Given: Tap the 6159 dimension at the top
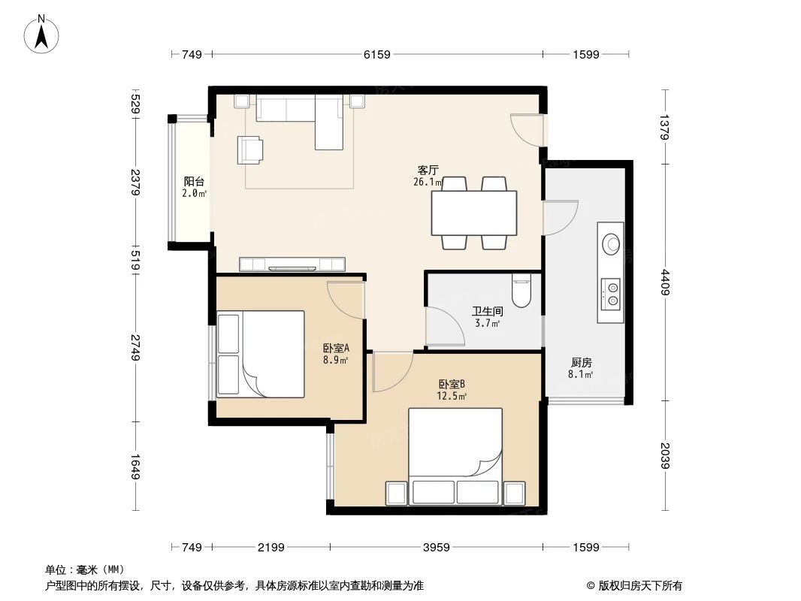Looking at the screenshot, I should click(377, 54).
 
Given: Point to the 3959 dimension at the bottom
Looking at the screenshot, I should click(436, 547).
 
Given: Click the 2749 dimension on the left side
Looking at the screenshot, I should click(135, 347).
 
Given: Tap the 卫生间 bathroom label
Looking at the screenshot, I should click(487, 310).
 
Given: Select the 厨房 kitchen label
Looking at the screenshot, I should click(581, 362).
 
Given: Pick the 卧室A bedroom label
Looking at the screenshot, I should click(336, 348).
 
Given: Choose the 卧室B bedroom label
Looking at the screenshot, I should click(452, 384).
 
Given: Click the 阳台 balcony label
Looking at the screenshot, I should click(194, 181).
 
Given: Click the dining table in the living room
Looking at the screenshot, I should click(473, 213).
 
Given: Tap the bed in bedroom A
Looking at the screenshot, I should click(260, 354).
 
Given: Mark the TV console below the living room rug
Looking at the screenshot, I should click(292, 264).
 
